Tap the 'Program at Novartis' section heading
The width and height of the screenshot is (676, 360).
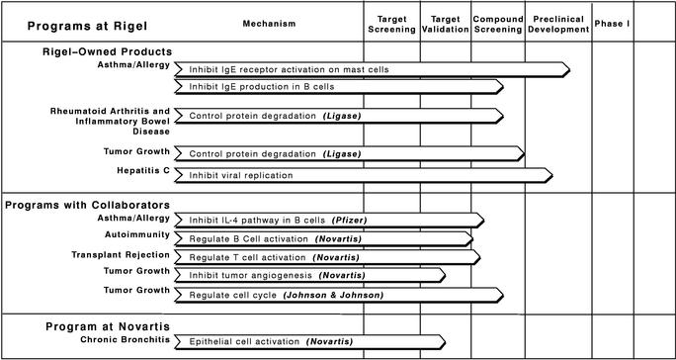108,325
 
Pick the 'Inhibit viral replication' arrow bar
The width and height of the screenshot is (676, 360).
362,175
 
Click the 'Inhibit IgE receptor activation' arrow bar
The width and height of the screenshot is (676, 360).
372,69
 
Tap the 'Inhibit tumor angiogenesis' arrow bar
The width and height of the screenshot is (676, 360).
308,274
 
